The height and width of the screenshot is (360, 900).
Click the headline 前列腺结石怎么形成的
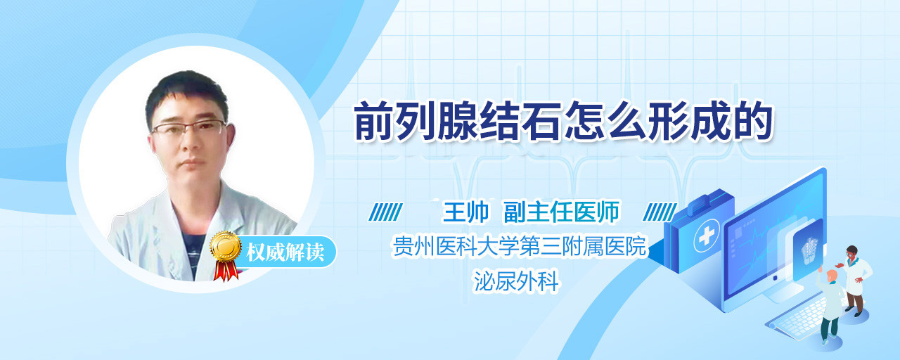(x=563, y=122)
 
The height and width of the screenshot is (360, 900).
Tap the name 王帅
(x=465, y=212)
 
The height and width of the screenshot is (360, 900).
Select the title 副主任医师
(x=561, y=212)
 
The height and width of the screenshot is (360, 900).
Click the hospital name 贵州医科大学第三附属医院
(x=519, y=246)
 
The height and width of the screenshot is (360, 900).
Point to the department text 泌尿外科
(x=516, y=281)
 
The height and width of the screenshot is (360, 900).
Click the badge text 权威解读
(x=285, y=252)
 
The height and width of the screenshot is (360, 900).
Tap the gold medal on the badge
(x=226, y=246)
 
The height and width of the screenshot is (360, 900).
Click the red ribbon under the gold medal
(x=226, y=271)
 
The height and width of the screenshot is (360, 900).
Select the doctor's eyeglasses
(x=189, y=128)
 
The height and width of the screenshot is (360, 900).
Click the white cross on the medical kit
(x=707, y=236)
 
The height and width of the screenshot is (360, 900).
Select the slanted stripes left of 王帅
(x=386, y=212)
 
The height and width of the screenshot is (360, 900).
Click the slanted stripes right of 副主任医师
(x=660, y=212)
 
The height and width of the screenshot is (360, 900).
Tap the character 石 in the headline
(x=542, y=122)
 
